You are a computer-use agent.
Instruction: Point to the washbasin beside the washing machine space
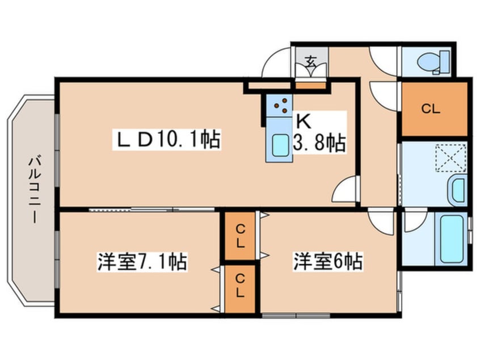coord(457,190)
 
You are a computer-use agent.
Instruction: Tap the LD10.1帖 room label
coord(169,140)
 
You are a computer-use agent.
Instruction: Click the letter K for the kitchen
coord(302,121)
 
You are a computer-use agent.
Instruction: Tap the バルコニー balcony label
coord(34,190)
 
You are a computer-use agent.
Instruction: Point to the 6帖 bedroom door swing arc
coord(381,221)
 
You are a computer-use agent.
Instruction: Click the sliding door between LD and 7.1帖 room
coord(151,210)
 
